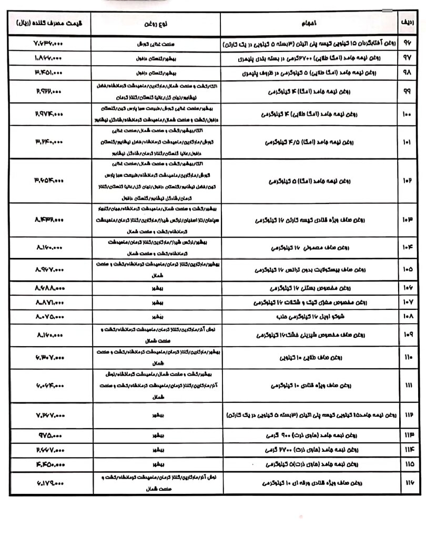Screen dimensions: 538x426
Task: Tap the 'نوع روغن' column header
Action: (x=156, y=24)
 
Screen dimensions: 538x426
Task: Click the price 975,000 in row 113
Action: (x=50, y=436)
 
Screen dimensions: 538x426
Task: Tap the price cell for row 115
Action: (x=50, y=464)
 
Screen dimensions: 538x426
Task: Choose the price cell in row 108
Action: (x=50, y=317)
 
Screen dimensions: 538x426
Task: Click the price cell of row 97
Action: (x=50, y=57)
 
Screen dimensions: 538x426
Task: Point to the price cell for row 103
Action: (x=50, y=220)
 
